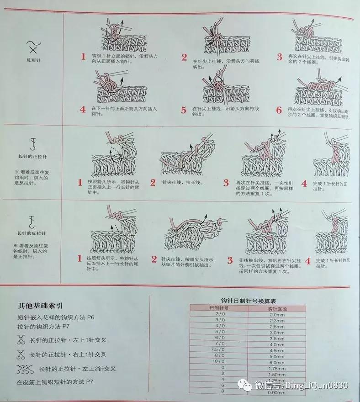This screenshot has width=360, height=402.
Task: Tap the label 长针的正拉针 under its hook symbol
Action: point(32,156)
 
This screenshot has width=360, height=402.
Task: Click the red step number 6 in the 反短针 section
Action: point(279,110)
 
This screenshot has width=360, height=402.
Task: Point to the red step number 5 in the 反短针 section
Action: point(184,110)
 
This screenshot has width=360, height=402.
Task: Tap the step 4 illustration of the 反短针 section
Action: point(120,87)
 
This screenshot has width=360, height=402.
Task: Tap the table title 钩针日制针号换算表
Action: point(248,301)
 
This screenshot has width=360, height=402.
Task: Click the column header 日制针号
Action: point(220,309)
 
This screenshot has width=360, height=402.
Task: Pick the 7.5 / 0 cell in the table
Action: point(220,349)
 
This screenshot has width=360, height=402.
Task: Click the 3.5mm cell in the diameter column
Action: point(277,339)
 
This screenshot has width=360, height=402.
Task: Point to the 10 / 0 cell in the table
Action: point(220,361)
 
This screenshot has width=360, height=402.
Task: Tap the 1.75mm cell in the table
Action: point(277,367)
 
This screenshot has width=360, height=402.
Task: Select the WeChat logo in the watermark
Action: point(246,385)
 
